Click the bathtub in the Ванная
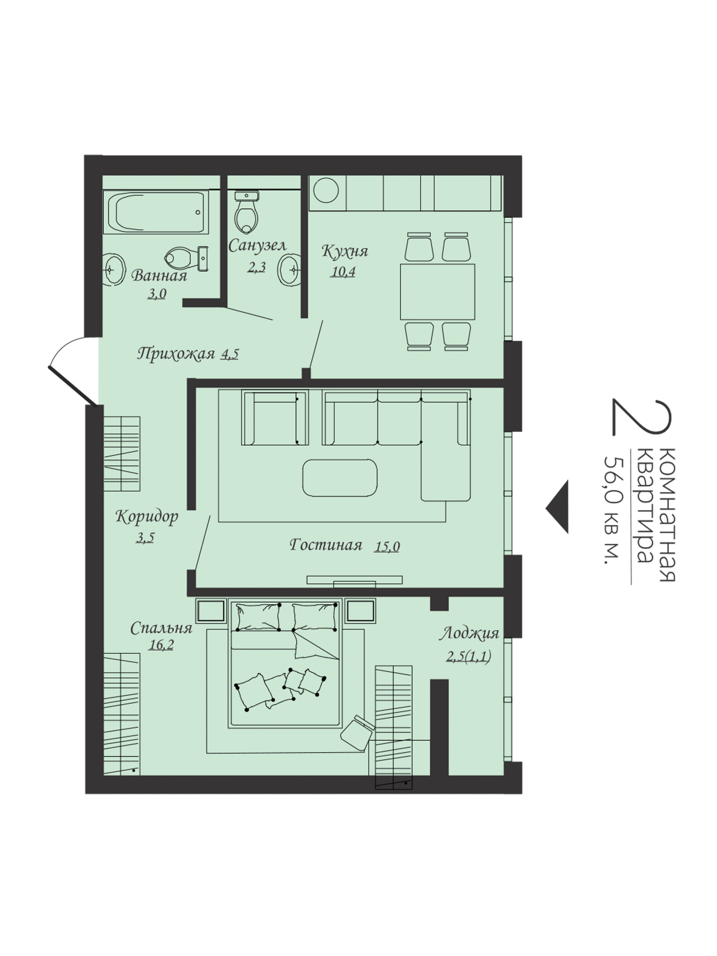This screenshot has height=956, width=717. pyautogui.click(x=156, y=212)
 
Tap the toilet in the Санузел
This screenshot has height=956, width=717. pyautogui.click(x=247, y=212)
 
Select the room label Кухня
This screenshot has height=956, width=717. pyautogui.click(x=345, y=251)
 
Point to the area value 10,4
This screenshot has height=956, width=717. pyautogui.click(x=343, y=272)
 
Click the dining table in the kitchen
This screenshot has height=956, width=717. pyautogui.click(x=437, y=292)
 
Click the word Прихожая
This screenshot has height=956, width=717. pyautogui.click(x=176, y=354)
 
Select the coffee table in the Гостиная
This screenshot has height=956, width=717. pyautogui.click(x=340, y=478)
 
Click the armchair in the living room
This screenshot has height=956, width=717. pyautogui.click(x=275, y=418)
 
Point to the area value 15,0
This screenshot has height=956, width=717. pyautogui.click(x=387, y=547)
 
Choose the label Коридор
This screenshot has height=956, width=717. pyautogui.click(x=147, y=517)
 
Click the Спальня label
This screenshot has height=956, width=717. pyautogui.click(x=161, y=628)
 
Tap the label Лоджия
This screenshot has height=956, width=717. pyautogui.click(x=469, y=634)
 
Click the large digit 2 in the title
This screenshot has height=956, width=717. pyautogui.click(x=642, y=417)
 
